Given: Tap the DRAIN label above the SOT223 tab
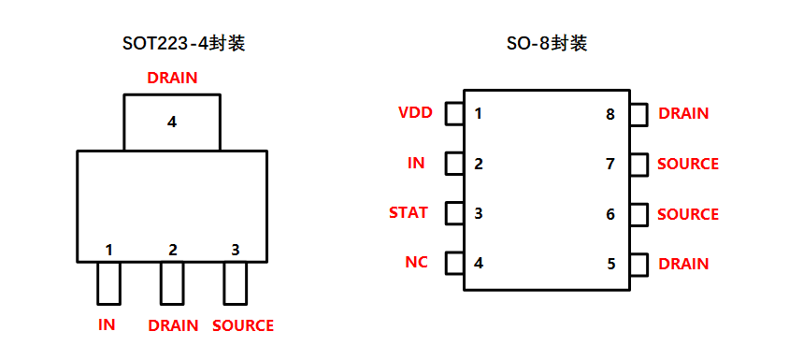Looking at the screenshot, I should [x=172, y=79].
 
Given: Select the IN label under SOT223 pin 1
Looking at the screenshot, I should [x=107, y=325].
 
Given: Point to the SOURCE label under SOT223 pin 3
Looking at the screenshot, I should [x=243, y=325].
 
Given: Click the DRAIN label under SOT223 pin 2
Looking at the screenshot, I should [x=173, y=325].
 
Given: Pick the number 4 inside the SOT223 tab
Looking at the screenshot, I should [x=172, y=122].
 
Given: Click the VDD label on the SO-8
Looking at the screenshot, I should [x=415, y=113].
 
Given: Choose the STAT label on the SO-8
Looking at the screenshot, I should [x=409, y=212].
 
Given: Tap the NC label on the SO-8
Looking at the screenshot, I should [x=417, y=262].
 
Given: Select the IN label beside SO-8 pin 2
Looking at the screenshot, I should [x=416, y=163].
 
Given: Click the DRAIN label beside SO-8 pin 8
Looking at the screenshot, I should [x=683, y=113].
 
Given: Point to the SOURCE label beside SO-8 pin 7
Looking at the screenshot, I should [x=688, y=164].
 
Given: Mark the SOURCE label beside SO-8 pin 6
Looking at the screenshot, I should [x=688, y=214].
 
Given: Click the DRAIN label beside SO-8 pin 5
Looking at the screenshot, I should [x=683, y=264].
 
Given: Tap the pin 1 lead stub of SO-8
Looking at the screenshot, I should [x=454, y=114].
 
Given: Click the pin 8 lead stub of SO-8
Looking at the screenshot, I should [x=638, y=114].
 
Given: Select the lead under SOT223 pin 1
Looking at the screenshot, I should [x=108, y=283].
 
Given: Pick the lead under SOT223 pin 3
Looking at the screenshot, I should [x=235, y=283].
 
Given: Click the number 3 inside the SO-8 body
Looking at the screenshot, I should [x=479, y=213].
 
